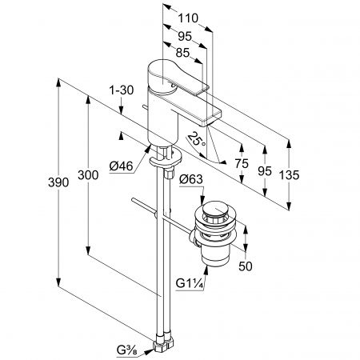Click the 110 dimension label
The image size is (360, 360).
(x=188, y=18)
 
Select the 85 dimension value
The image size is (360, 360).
(x=182, y=53)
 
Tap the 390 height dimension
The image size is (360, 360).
(x=58, y=182)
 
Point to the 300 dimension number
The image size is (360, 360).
(x=88, y=175)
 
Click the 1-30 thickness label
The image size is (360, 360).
(x=122, y=90)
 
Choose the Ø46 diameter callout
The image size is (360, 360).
(x=121, y=166)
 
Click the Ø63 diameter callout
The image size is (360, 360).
(x=191, y=179)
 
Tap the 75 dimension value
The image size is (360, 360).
(x=242, y=163)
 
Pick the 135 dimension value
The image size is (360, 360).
(x=289, y=175)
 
